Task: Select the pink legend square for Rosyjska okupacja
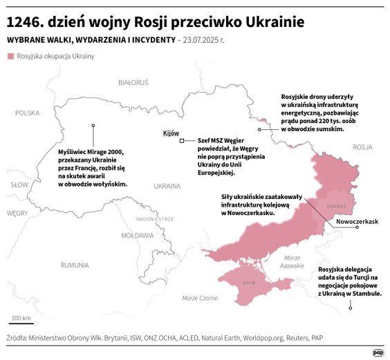[10, 55]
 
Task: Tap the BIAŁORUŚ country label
[133, 82]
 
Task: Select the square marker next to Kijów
[181, 141]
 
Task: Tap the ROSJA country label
[362, 147]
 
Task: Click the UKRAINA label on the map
[167, 186]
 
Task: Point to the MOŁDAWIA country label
[138, 236]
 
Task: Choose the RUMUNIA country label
[74, 265]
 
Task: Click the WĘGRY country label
[17, 214]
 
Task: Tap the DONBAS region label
[336, 206]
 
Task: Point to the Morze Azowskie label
[292, 261]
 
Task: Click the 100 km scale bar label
[21, 318]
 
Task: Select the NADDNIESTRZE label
[154, 218]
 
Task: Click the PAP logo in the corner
[378, 352]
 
